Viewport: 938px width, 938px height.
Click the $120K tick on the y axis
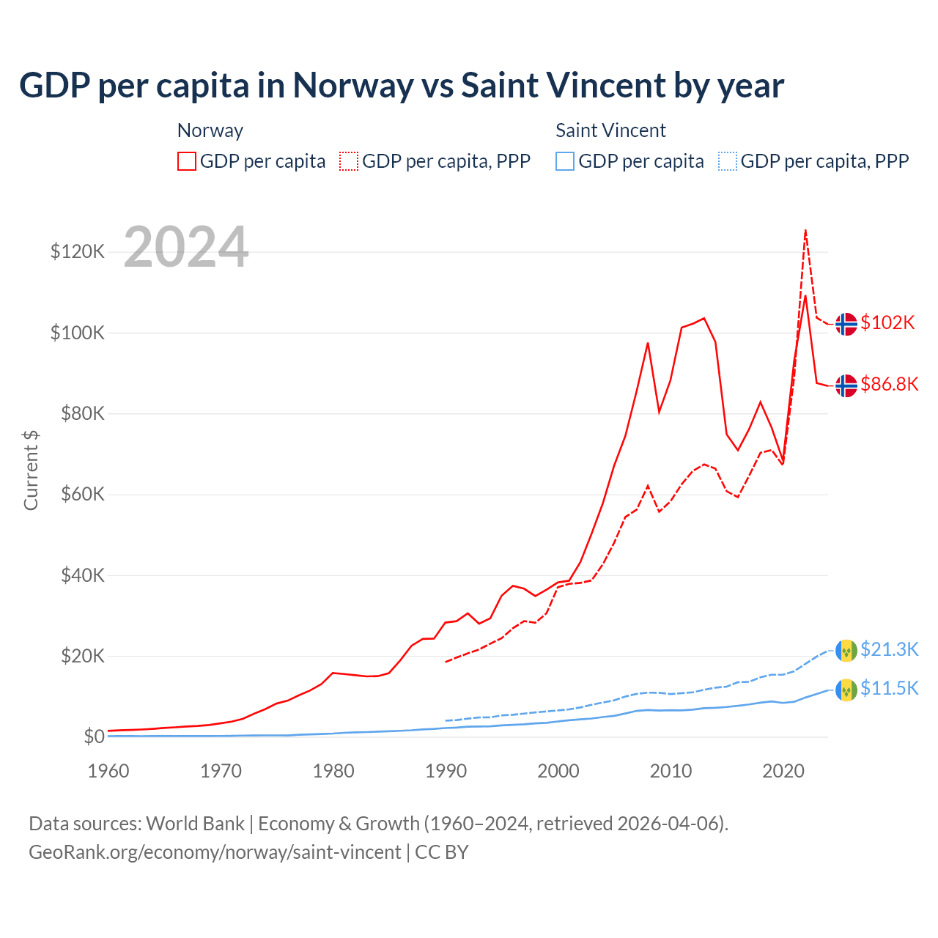[78, 252]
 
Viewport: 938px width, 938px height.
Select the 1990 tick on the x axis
[446, 771]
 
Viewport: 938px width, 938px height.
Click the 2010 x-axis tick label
[671, 771]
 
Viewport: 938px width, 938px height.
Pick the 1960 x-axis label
[108, 771]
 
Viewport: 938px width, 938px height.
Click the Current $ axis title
[31, 470]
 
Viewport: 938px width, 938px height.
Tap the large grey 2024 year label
[186, 248]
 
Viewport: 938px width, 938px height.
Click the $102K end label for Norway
[887, 322]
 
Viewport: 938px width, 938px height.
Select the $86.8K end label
[889, 384]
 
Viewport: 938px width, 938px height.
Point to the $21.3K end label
[889, 649]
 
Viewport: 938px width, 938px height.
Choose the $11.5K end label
[889, 688]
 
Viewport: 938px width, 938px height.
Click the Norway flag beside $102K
[846, 323]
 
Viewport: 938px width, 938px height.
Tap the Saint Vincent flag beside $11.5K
[846, 690]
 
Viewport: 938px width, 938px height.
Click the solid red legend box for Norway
[187, 161]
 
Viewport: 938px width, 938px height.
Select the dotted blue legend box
[728, 161]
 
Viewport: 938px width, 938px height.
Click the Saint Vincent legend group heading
[610, 130]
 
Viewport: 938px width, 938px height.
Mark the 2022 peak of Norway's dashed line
[805, 230]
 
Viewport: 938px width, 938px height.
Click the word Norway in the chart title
[353, 86]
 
